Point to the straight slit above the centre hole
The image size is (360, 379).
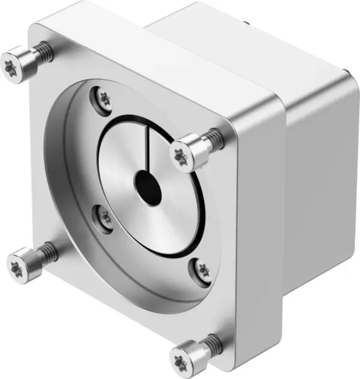146,150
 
